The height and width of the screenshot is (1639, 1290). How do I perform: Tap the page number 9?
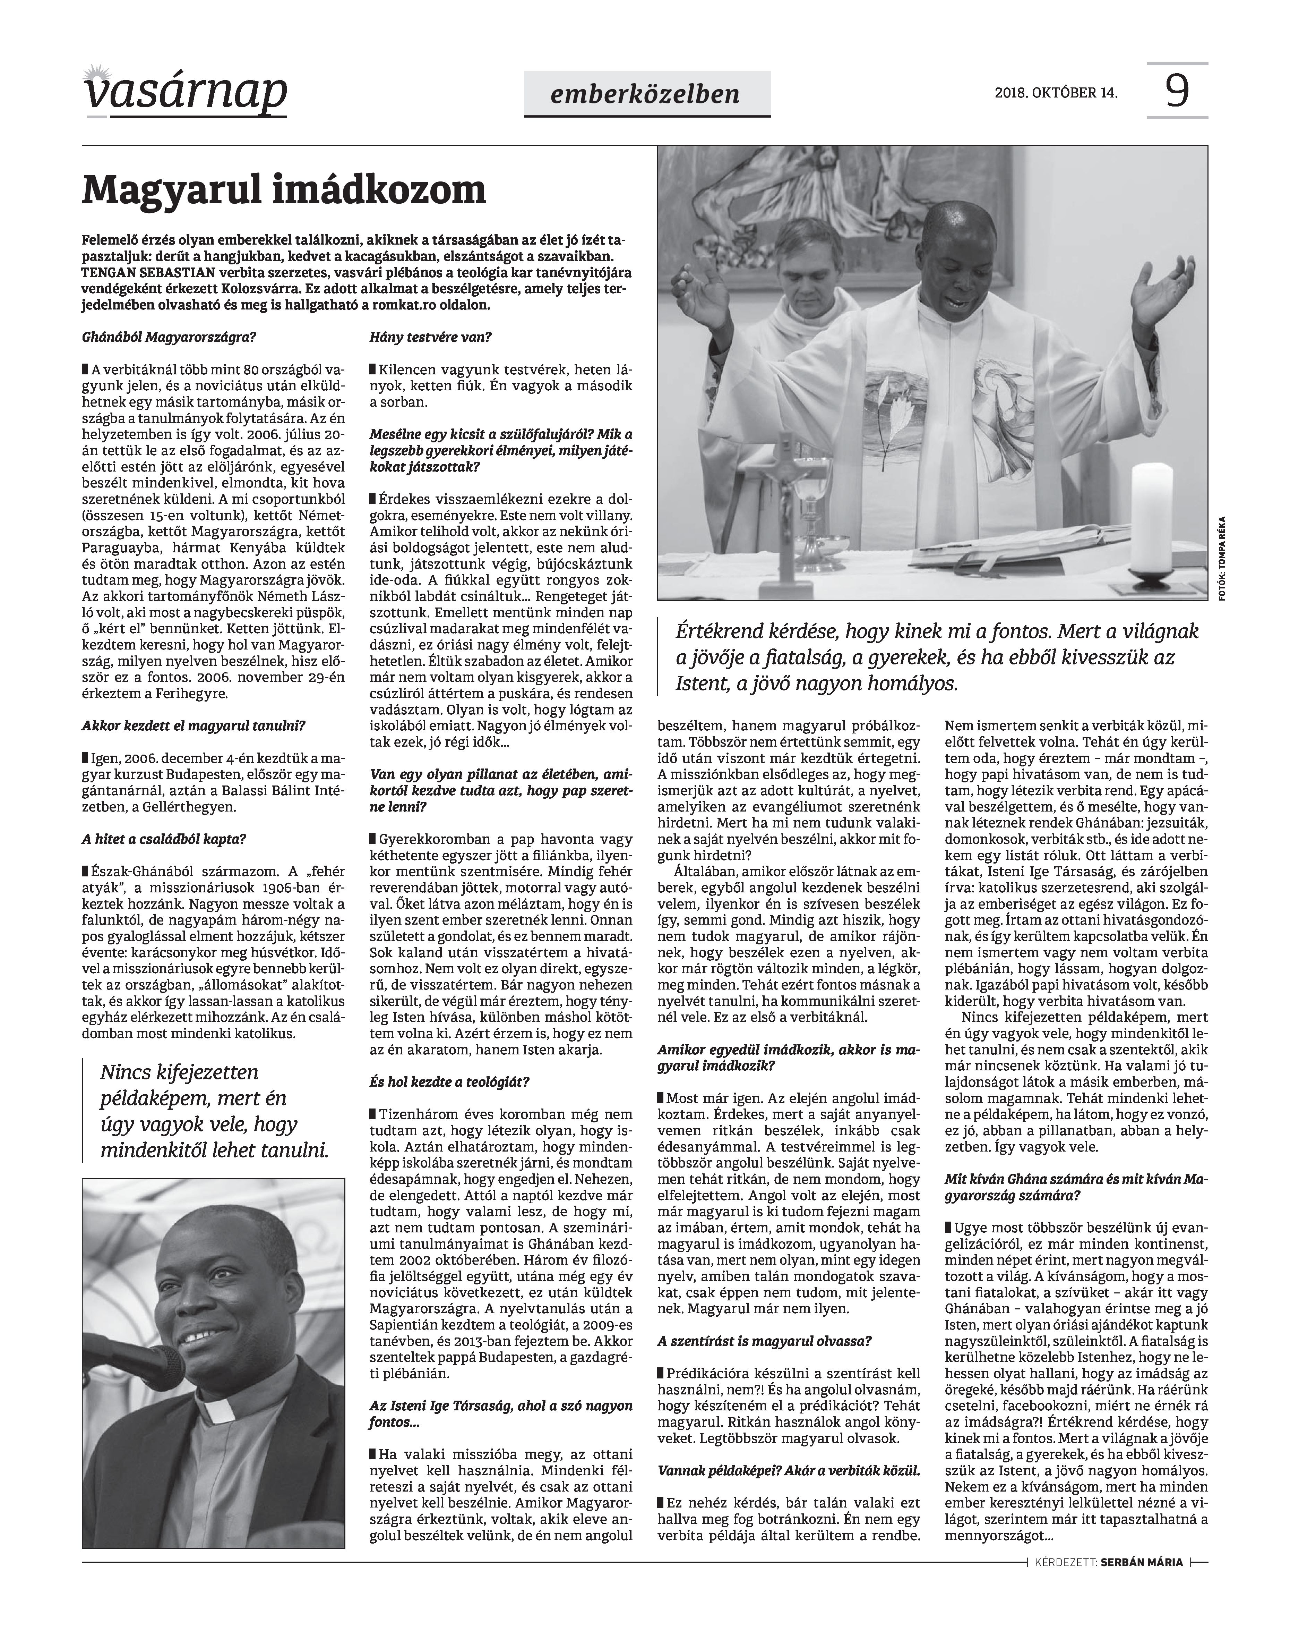coord(1177,92)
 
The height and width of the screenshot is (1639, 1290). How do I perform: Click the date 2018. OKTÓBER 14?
coord(1056,94)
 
